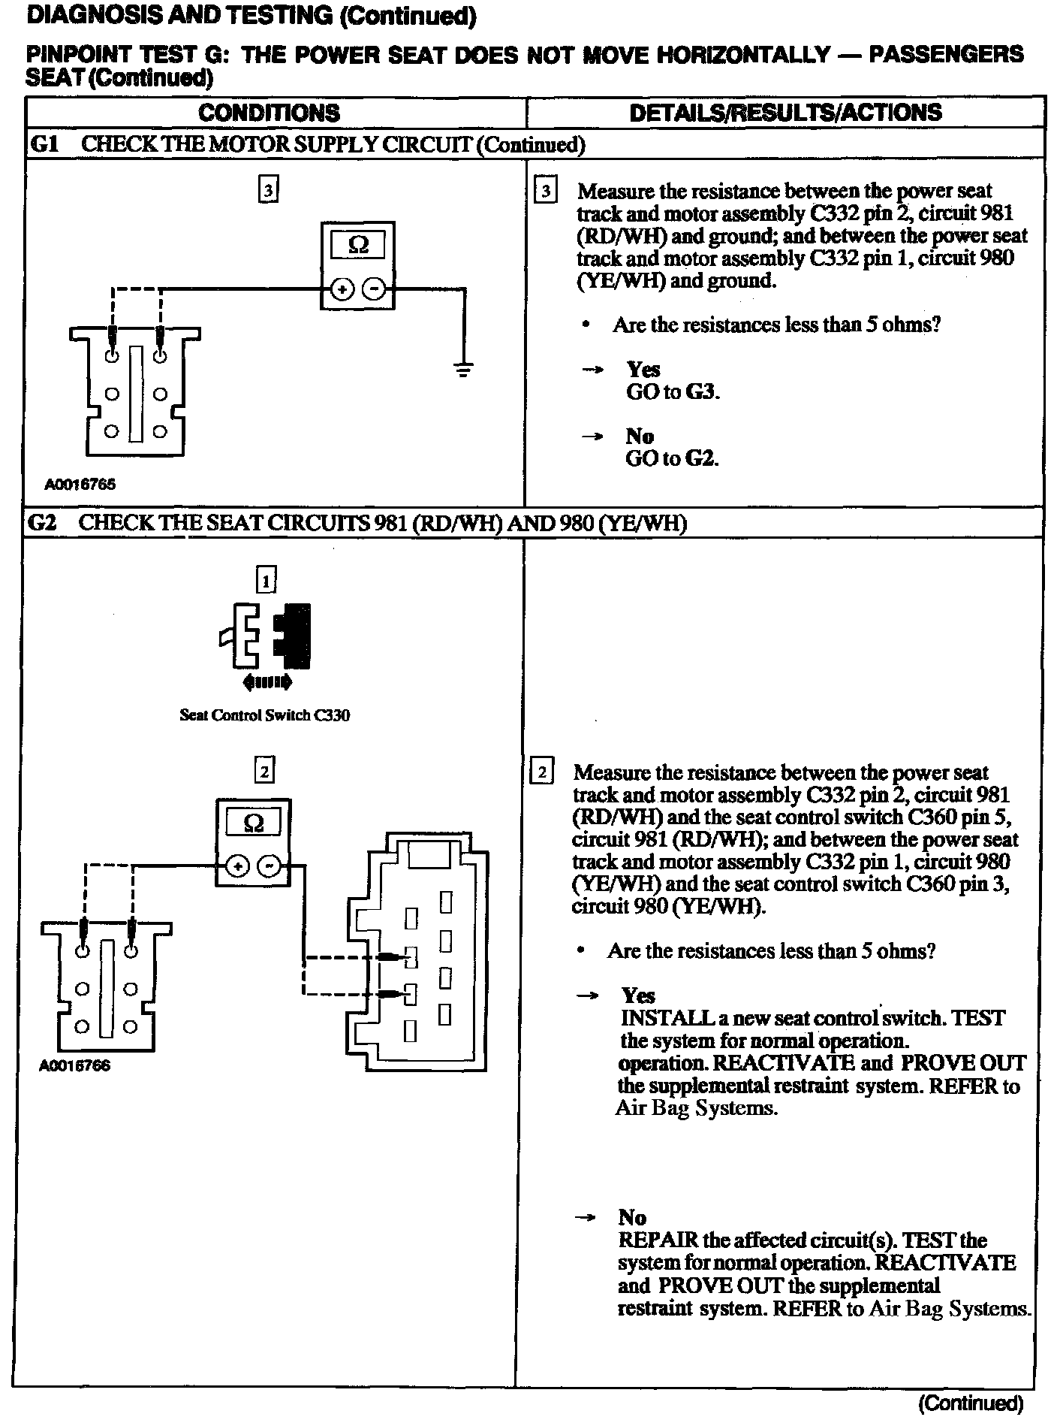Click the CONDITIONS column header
click(269, 113)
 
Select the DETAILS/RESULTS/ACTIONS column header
click(785, 113)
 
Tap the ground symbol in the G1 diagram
click(464, 369)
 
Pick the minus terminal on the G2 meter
click(269, 867)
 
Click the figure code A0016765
click(80, 485)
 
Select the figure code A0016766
click(75, 1065)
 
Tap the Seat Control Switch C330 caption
click(264, 715)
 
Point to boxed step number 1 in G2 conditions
click(267, 580)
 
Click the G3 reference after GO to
click(704, 391)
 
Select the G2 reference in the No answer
click(703, 458)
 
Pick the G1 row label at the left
click(44, 144)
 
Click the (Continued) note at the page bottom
click(971, 1403)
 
